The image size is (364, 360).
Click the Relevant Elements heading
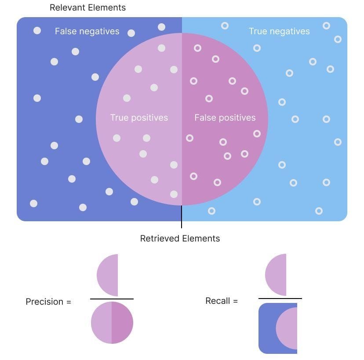click(87, 7)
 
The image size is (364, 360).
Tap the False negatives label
click(87, 31)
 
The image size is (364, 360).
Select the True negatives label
click(279, 31)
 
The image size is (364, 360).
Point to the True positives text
click(139, 118)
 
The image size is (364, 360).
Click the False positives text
click(225, 118)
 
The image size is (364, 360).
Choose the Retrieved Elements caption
click(180, 238)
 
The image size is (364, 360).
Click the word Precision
click(44, 302)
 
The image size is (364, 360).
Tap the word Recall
click(218, 301)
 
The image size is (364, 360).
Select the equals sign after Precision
click(68, 302)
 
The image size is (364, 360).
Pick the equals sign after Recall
click(235, 301)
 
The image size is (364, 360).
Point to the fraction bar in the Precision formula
click(112, 299)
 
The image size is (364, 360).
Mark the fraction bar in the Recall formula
click(280, 299)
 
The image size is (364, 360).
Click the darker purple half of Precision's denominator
click(122, 323)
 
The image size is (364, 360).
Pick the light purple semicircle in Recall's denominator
click(288, 328)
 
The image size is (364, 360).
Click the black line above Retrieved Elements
click(182, 217)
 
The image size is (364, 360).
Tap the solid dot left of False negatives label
click(37, 30)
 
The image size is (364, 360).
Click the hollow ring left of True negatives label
click(225, 26)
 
